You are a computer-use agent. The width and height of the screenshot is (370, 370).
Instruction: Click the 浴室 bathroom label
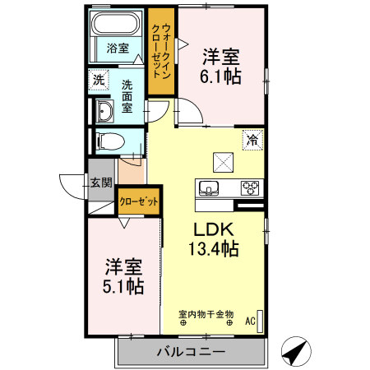click(118, 48)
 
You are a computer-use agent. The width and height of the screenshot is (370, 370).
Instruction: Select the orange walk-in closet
click(161, 52)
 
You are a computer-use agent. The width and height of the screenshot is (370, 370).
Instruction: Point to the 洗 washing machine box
click(99, 81)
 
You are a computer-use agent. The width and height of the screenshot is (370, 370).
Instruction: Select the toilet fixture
click(107, 141)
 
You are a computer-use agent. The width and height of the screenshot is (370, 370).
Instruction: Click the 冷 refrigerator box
click(252, 140)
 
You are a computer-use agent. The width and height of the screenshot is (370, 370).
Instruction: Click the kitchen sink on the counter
click(209, 187)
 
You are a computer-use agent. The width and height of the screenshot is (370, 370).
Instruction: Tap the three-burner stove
click(249, 187)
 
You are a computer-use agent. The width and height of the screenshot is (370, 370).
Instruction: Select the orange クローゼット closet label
click(138, 201)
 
